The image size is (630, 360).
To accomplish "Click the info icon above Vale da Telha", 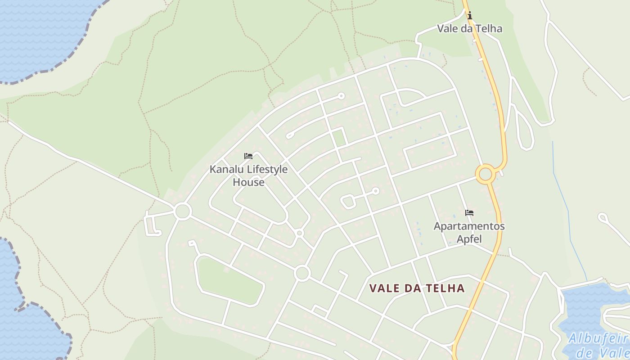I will tap(470, 16).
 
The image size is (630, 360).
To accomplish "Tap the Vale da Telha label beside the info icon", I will tap(470, 28).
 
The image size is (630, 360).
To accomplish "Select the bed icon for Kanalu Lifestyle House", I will tap(248, 156).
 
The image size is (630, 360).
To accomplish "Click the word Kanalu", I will tap(226, 170).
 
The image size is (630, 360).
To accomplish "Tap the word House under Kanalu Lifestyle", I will tap(248, 182).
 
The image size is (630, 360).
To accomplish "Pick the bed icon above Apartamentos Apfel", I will tap(469, 213).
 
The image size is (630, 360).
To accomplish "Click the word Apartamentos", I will tap(469, 226).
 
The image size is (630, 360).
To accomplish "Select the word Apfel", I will tap(469, 239).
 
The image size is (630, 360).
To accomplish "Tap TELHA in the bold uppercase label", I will tap(445, 288).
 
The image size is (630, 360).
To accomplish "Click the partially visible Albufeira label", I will tap(598, 339).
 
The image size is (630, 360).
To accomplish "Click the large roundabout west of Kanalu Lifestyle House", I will tap(183, 211).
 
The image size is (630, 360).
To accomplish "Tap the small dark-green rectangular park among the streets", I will tap(339, 137).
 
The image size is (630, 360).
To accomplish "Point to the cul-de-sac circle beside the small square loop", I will tap(375, 191).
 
